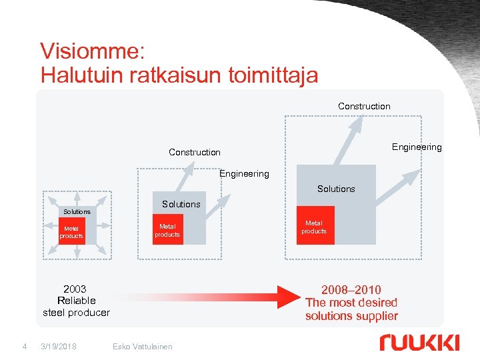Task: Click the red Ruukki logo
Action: tap(419, 342)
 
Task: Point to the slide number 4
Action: tap(24, 346)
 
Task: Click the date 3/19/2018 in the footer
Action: tap(58, 346)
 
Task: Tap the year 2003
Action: tap(75, 289)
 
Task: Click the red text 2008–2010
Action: tap(351, 289)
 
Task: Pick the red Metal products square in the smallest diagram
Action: tap(71, 231)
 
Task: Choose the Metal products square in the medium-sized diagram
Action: tap(167, 231)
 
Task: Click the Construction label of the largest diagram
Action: tap(364, 106)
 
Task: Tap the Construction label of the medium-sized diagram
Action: tap(195, 152)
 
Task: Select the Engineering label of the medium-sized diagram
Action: tap(244, 173)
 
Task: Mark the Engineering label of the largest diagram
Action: tap(417, 147)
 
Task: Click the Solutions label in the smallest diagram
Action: tap(77, 211)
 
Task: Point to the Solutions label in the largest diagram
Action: tap(336, 189)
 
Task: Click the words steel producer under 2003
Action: tap(76, 312)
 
